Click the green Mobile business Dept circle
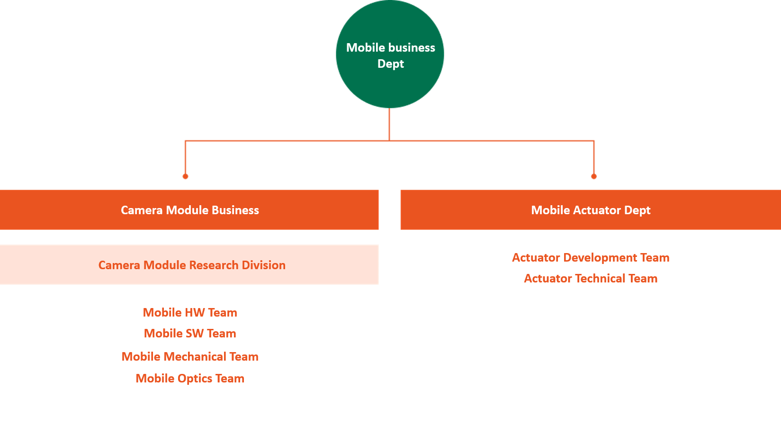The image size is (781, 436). pos(390,54)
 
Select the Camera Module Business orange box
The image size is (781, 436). pos(189,209)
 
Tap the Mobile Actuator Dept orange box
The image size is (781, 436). pos(591,209)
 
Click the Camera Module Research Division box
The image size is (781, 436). pos(189,265)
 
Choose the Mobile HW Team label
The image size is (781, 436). pos(190,312)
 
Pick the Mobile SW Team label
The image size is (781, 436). pos(190,334)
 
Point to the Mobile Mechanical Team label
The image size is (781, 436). pos(190,356)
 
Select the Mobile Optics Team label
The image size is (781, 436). pos(190,379)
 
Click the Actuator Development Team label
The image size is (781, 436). pos(591,258)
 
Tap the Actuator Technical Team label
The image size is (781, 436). pos(591,278)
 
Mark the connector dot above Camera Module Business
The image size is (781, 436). pos(186,176)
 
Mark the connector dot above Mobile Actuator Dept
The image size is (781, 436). pos(594,176)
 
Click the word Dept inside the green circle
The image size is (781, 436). pos(390,64)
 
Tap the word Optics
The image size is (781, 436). pos(195,379)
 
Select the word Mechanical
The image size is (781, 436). pos(195,356)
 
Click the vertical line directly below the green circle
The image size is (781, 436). pos(389,125)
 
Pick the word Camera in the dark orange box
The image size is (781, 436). pos(142,210)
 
